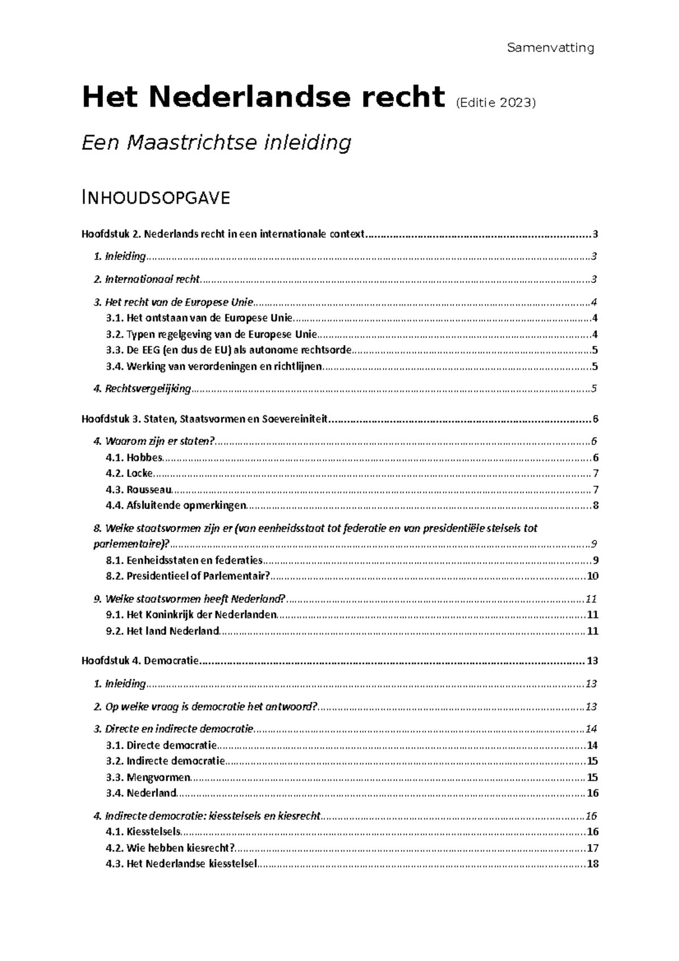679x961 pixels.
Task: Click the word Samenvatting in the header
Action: point(550,48)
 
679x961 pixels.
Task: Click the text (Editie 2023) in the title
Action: point(495,103)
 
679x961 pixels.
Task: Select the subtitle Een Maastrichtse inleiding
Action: point(216,142)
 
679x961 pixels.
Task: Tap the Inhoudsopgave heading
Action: point(156,198)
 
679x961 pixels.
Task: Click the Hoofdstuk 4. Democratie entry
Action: point(140,661)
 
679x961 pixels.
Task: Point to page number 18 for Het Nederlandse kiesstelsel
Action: point(593,864)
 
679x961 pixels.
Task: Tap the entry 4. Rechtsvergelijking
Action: point(142,389)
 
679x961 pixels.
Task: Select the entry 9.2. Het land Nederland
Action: point(162,631)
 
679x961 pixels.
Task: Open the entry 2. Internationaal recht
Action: point(147,280)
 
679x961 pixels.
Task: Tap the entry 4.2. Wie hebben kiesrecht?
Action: point(170,848)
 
